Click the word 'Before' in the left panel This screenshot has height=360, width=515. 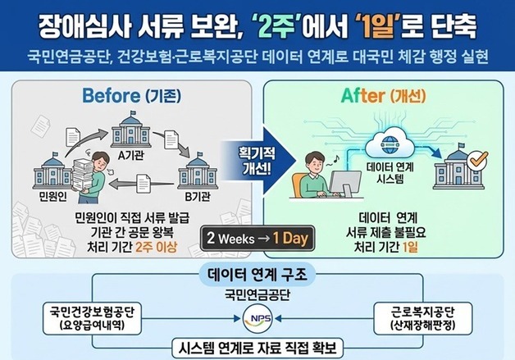(x=110, y=95)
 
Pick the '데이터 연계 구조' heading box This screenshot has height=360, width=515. (x=257, y=272)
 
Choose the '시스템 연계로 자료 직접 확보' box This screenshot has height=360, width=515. (x=257, y=346)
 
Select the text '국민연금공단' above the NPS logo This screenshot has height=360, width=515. (x=257, y=293)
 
